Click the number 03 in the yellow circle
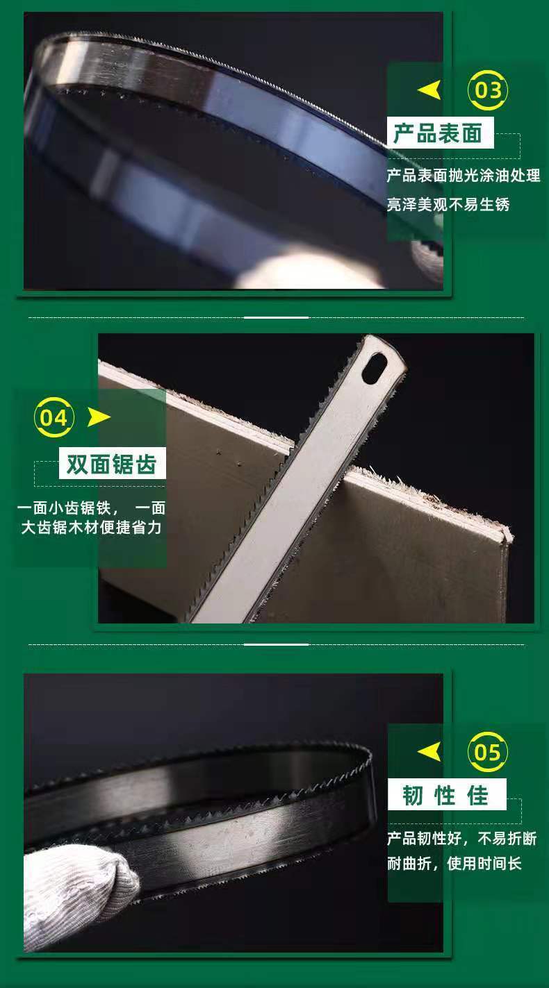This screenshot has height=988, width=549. [488, 90]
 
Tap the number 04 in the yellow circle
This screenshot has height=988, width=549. [54, 417]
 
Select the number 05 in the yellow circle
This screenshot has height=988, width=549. [488, 751]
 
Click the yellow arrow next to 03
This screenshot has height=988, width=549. [429, 90]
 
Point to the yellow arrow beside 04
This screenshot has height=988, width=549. [99, 417]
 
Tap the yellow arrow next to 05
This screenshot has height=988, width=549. [429, 751]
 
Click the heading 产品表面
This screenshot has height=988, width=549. [437, 133]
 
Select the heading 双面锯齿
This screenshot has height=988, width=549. [112, 464]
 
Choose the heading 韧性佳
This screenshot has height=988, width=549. [445, 794]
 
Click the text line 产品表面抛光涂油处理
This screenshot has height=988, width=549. [464, 176]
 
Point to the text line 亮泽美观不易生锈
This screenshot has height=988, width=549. [448, 204]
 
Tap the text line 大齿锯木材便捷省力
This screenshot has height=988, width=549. [91, 527]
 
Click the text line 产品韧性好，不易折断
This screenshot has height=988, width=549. [461, 838]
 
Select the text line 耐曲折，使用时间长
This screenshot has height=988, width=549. [454, 863]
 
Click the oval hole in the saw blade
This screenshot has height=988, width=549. [375, 367]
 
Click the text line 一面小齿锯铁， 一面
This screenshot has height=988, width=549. [91, 508]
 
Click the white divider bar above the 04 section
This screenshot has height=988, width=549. [277, 317]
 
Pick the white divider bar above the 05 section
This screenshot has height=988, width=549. [277, 644]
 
